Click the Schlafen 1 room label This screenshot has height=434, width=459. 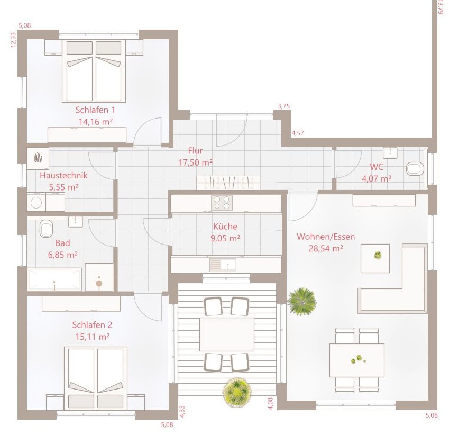click(95, 110)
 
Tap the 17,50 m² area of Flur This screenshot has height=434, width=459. click(196, 162)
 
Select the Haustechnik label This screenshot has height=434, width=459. click(63, 176)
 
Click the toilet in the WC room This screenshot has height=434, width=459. click(415, 169)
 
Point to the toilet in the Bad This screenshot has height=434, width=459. click(46, 229)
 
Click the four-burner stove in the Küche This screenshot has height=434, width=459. click(222, 203)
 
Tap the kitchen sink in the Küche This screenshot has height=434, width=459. click(223, 265)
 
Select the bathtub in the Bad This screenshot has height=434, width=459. click(54, 279)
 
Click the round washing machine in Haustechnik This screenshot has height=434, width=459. click(36, 202)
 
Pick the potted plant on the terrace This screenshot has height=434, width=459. click(237, 392)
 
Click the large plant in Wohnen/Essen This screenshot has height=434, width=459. click(302, 302)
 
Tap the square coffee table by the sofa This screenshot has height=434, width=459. click(375, 258)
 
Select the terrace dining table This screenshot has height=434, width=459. click(227, 334)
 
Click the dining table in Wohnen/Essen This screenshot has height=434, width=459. click(357, 360)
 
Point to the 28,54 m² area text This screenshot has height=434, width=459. click(326, 249)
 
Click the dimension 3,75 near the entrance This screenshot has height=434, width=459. click(283, 106)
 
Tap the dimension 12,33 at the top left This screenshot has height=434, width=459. click(13, 40)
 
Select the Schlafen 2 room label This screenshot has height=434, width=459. click(92, 325)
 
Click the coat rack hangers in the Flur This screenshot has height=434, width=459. click(228, 183)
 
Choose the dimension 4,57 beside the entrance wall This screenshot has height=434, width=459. click(298, 133)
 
